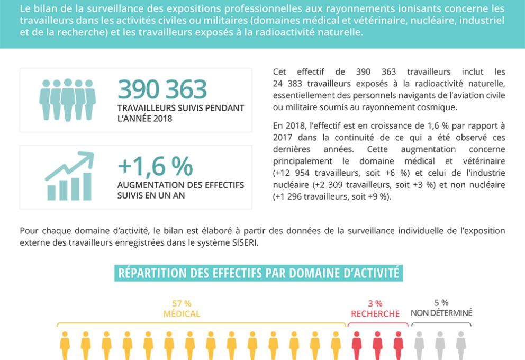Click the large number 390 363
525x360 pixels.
coord(162,89)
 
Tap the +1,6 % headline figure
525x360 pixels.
coord(155,166)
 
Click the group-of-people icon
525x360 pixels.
coord(67,100)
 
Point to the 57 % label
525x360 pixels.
coord(182,303)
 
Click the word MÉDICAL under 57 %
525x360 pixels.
coord(182,313)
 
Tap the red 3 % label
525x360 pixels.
coord(375,303)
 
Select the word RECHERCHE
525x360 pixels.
coord(375,314)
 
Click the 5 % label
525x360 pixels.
coord(441,303)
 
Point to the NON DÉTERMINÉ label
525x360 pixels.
coord(441,313)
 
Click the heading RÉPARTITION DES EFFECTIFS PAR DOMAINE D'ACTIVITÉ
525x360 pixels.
coord(258,273)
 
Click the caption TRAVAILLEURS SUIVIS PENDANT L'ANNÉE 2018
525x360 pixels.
coord(180,113)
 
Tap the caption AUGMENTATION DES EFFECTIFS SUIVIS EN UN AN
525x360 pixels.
coord(180,190)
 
